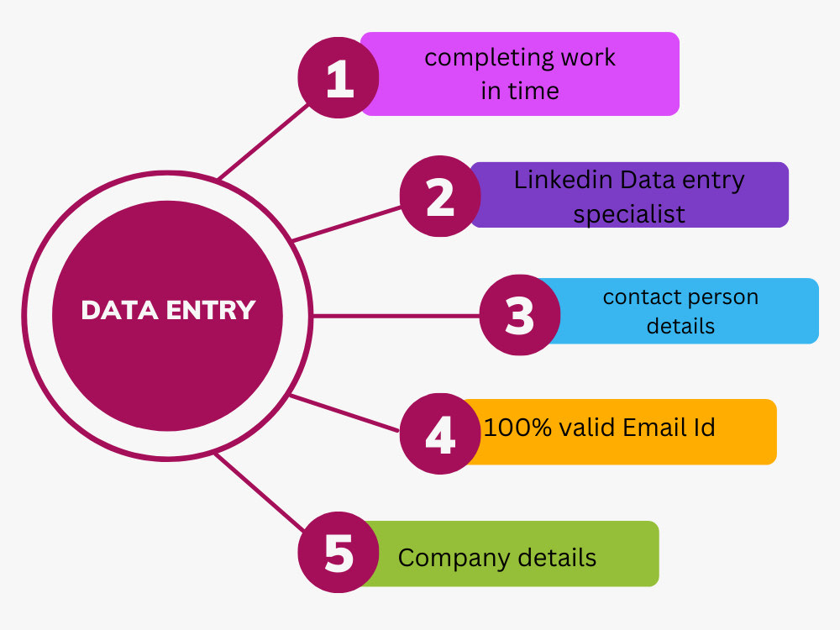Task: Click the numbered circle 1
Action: click(x=339, y=77)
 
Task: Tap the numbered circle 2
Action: click(x=440, y=196)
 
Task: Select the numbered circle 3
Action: click(x=520, y=315)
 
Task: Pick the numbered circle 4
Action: click(x=440, y=434)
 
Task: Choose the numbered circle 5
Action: click(x=339, y=553)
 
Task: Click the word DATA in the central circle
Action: click(x=119, y=310)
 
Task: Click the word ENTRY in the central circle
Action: click(x=211, y=310)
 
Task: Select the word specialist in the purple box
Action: click(x=629, y=215)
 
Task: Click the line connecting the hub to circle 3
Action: click(x=396, y=316)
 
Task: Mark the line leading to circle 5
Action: click(x=260, y=493)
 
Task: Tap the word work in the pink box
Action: click(x=588, y=57)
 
